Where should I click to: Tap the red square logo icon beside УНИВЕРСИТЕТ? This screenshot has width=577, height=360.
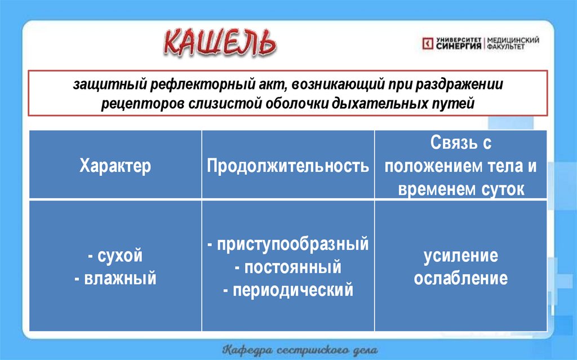coord(428,43)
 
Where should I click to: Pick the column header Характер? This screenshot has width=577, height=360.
coord(115,166)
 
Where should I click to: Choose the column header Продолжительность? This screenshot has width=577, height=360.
coord(288,166)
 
